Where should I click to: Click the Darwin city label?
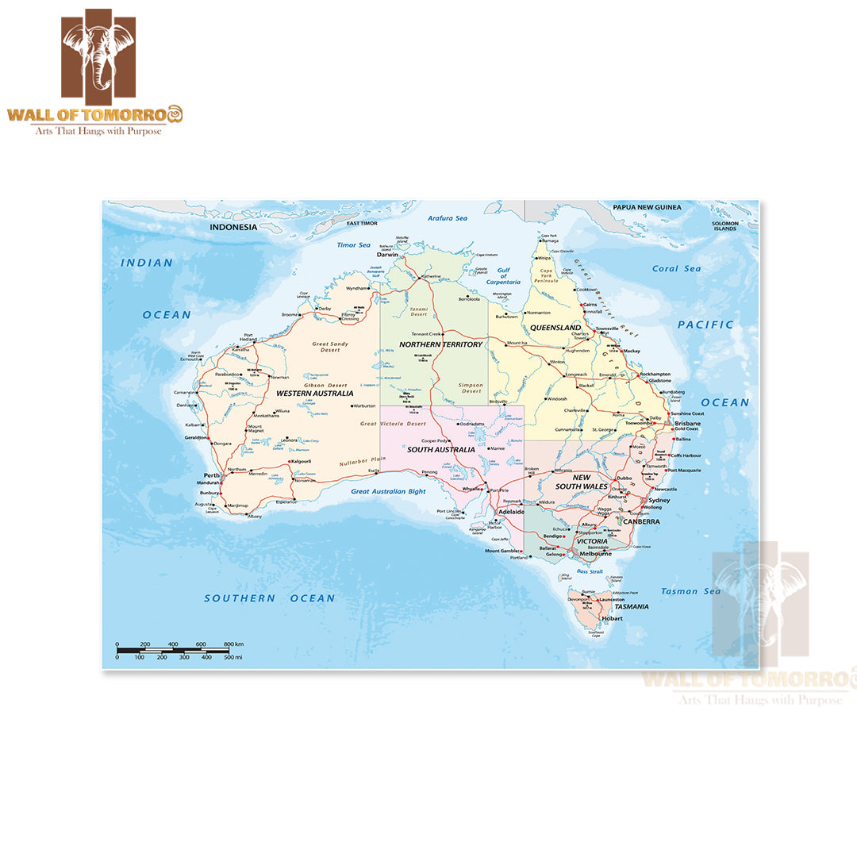(x=387, y=255)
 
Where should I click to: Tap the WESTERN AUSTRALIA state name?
(x=314, y=393)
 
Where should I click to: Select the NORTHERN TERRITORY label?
(x=440, y=344)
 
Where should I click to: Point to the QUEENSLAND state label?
(x=555, y=328)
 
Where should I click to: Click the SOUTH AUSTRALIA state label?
(x=441, y=450)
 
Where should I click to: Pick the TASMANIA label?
(x=627, y=606)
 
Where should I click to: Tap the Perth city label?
(x=212, y=476)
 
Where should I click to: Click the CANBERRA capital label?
(x=641, y=522)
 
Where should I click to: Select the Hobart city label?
(x=613, y=618)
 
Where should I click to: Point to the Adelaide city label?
(x=511, y=512)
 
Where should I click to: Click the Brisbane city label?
(x=687, y=424)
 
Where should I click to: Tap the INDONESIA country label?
(x=233, y=227)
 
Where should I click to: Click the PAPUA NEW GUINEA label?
(x=647, y=208)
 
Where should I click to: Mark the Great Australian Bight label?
(x=389, y=492)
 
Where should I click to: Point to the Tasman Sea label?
(x=690, y=591)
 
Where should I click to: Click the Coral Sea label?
(x=676, y=269)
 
